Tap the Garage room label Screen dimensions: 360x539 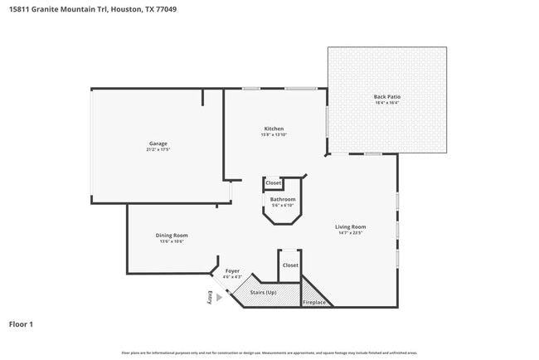click(158, 144)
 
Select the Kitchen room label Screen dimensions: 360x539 click(274, 129)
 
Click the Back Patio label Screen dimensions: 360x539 click(386, 97)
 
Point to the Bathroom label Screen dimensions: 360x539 click(283, 199)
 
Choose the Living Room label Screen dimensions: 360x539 click(351, 226)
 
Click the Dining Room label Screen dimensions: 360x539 click(172, 236)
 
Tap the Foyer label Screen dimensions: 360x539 click(232, 270)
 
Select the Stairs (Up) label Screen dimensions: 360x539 click(265, 293)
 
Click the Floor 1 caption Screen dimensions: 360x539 click(22, 324)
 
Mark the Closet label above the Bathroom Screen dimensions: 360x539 click(273, 182)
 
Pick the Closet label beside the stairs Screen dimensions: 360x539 click(289, 265)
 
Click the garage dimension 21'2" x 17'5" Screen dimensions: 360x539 click(158, 150)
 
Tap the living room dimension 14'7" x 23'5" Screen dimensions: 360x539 click(351, 233)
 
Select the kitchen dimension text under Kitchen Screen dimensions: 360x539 click(274, 135)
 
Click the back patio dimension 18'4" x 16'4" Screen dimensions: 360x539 click(386, 104)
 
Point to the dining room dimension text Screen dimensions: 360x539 click(172, 242)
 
